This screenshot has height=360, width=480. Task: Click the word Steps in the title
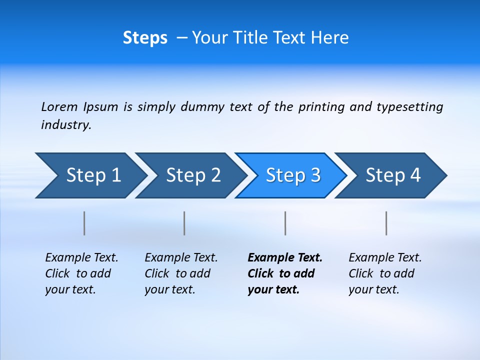[x=145, y=38]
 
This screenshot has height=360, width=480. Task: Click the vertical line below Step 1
[x=84, y=223]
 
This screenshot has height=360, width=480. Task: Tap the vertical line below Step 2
[x=184, y=223]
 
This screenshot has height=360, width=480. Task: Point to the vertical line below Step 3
[x=285, y=223]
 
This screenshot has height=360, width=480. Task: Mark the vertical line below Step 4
[x=386, y=223]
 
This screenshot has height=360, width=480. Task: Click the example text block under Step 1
[x=81, y=273]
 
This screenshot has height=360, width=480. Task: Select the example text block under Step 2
[x=181, y=273]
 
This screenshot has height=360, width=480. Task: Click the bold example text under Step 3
[x=284, y=273]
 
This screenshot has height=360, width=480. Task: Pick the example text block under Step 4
[x=385, y=273]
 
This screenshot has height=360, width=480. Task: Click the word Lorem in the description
[x=59, y=107]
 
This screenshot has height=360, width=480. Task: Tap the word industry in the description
[x=66, y=125]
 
